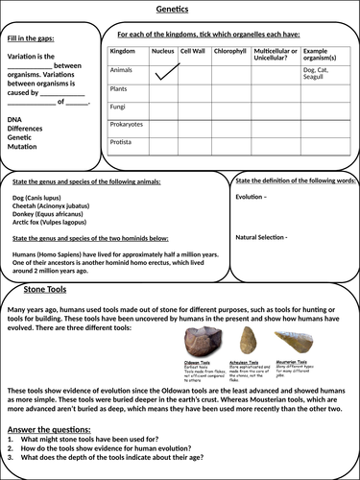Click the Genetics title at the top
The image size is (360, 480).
(180, 7)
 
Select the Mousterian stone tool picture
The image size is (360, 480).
(292, 344)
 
